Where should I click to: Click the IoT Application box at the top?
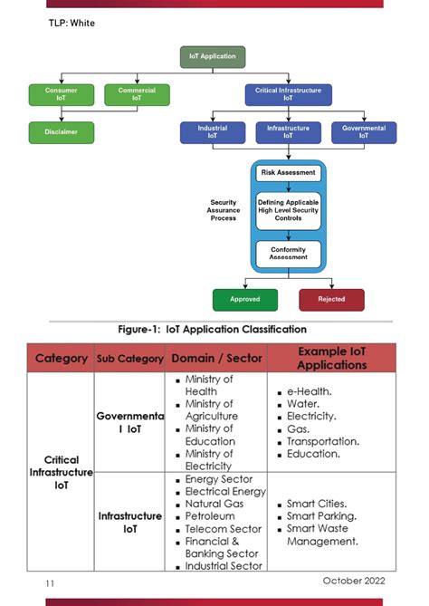(212, 56)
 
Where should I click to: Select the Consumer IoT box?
(61, 94)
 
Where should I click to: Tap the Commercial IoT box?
(137, 94)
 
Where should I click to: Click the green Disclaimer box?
(61, 132)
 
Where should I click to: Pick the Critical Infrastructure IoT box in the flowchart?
(288, 94)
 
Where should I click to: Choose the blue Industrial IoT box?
(212, 132)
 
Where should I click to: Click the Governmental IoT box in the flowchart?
(363, 132)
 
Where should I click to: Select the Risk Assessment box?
(288, 172)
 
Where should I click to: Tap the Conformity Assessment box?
(288, 253)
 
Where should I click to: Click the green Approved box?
(244, 299)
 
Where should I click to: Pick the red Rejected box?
(331, 299)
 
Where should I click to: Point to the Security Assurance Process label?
(223, 210)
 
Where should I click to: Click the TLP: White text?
(71, 23)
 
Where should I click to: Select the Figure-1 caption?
(213, 329)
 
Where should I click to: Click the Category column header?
(61, 359)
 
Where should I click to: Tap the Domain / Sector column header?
(216, 359)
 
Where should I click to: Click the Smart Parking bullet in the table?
(322, 515)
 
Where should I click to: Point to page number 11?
(50, 584)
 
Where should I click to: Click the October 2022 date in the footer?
(354, 581)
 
